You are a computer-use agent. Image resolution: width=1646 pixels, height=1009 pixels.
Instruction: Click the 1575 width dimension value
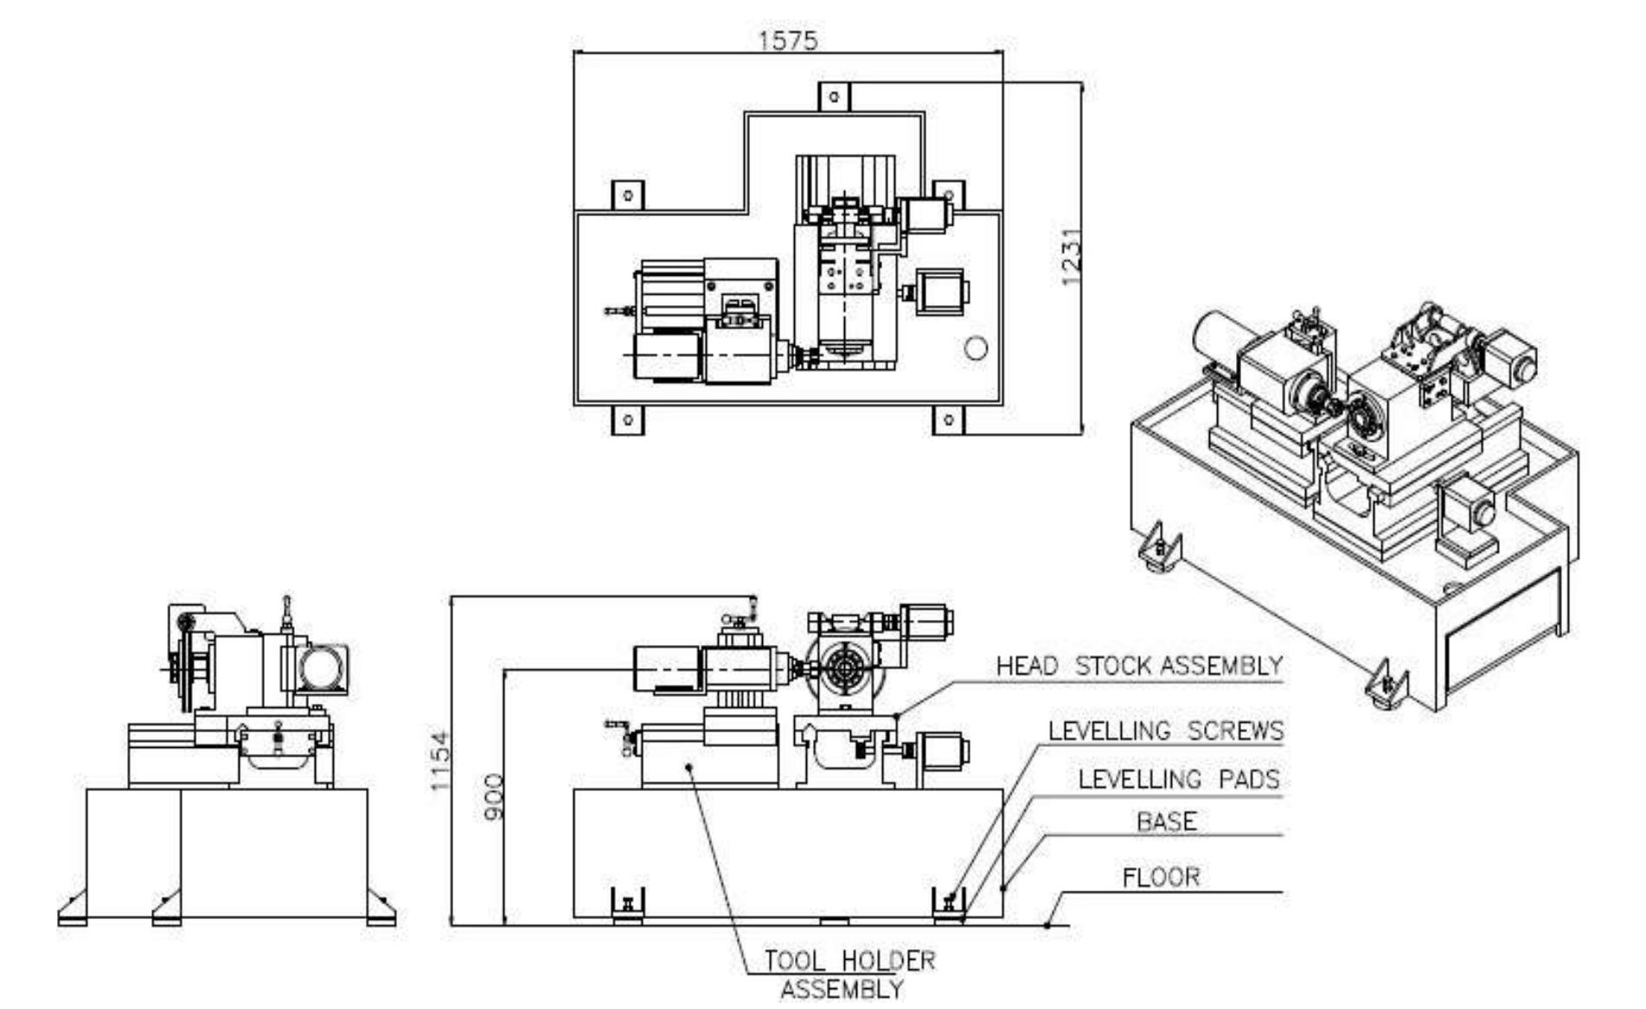point(787,41)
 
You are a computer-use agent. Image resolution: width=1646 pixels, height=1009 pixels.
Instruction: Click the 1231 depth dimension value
point(1071,258)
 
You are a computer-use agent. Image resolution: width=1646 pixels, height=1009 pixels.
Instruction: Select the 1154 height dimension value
point(440,761)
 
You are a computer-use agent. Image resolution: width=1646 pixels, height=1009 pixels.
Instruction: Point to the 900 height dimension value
point(492,797)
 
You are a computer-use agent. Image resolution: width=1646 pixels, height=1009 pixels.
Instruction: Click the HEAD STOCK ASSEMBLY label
point(1138,667)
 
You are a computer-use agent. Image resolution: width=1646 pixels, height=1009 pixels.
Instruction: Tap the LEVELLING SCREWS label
point(1165,731)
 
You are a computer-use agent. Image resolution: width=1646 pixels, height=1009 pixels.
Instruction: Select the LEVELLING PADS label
point(1178,780)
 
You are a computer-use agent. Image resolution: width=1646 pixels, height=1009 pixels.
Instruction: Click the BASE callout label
point(1167,821)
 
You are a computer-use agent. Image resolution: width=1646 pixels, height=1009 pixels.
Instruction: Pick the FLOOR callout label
point(1161,878)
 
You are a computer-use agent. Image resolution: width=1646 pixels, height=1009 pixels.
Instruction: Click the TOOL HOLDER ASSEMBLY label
point(848,974)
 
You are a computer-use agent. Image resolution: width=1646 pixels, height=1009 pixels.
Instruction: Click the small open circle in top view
point(976,348)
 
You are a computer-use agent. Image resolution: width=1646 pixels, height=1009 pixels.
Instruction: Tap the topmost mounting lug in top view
point(834,97)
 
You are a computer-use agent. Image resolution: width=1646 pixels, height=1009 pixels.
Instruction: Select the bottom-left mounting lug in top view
point(628,420)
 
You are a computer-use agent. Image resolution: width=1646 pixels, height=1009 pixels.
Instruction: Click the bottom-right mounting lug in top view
point(949,420)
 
